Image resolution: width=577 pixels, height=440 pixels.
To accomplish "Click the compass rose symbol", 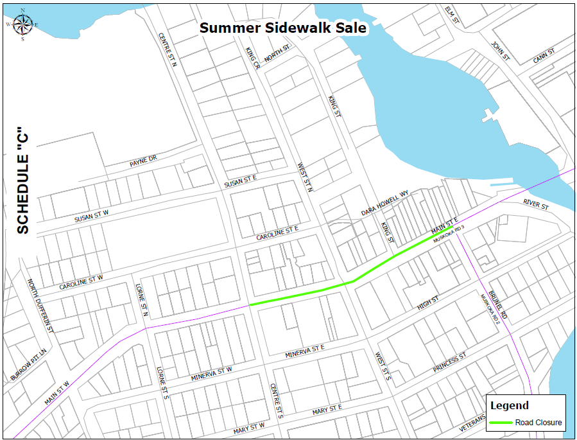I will pos(22,24).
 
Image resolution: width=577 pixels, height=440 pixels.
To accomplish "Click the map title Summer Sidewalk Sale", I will pos(282,28).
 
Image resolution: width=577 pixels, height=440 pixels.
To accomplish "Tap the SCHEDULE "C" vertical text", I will pos(23,179).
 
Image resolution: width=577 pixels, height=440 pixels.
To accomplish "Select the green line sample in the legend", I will pos(501,422).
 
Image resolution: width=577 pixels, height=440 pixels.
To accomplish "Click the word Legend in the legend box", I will pos(510,405).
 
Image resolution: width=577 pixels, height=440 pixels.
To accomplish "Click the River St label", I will pos(535,205).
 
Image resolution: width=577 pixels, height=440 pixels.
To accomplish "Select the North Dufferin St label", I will pos(40,304).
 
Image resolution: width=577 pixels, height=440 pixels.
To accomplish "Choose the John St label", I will pos(500,51).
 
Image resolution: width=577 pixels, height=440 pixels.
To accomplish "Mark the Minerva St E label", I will pos(306,351).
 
